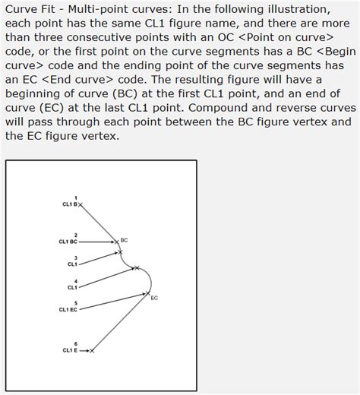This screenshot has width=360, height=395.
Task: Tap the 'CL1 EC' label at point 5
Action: [68, 310]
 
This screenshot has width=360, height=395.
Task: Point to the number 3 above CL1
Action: [75, 258]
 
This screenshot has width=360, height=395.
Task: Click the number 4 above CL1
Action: [75, 282]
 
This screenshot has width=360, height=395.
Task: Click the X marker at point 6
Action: [92, 351]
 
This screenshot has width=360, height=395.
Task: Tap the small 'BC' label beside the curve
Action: [124, 240]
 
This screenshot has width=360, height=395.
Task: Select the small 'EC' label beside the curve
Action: [154, 298]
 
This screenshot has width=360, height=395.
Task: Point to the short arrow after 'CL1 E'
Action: [84, 351]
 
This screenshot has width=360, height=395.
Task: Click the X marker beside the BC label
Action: [117, 242]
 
